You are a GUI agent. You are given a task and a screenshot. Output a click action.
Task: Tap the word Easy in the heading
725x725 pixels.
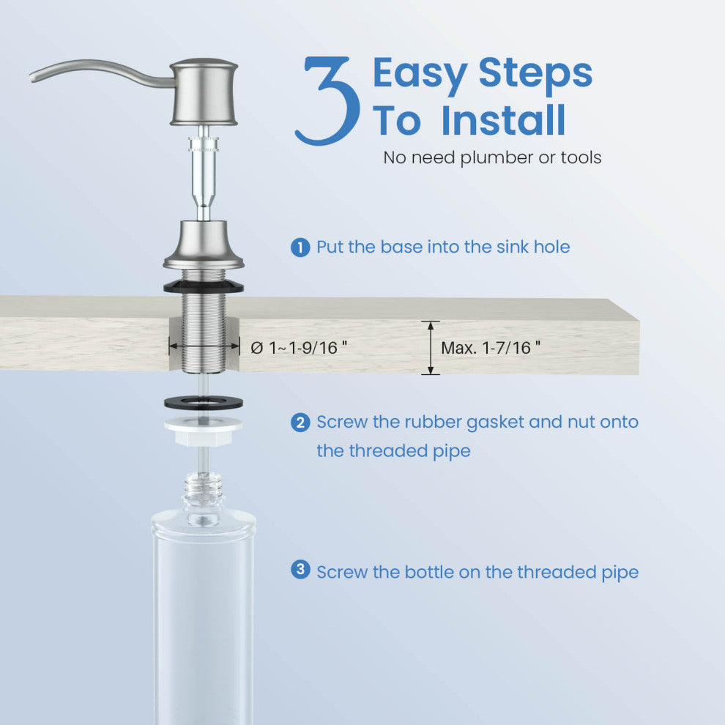click(x=420, y=74)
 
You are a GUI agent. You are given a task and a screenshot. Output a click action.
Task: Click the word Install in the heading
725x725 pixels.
click(x=503, y=120)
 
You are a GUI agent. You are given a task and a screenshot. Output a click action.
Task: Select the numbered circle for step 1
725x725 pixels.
click(x=300, y=248)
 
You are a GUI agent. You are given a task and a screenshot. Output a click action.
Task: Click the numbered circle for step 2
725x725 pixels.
click(x=300, y=423)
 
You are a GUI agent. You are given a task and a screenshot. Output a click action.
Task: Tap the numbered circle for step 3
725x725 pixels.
click(x=300, y=569)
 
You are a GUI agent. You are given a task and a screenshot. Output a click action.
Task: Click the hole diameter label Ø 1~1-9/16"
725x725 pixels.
click(x=299, y=348)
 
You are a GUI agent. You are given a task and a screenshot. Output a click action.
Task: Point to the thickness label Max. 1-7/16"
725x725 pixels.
click(x=491, y=348)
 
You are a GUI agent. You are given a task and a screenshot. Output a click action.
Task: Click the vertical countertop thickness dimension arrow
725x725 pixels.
click(x=431, y=348)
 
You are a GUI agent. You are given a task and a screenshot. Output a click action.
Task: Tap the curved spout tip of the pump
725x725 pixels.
click(x=33, y=77)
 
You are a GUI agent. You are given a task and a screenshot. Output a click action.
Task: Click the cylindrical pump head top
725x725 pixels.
click(x=204, y=92)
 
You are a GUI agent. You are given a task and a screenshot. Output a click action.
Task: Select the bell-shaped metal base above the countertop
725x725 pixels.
click(x=204, y=245)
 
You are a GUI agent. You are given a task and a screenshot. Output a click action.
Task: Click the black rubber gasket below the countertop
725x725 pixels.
click(x=204, y=402)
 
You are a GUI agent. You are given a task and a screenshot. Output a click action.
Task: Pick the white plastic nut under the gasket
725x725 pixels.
click(x=204, y=431)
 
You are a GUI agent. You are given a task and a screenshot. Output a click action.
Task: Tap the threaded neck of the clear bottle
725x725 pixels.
click(x=204, y=490)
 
